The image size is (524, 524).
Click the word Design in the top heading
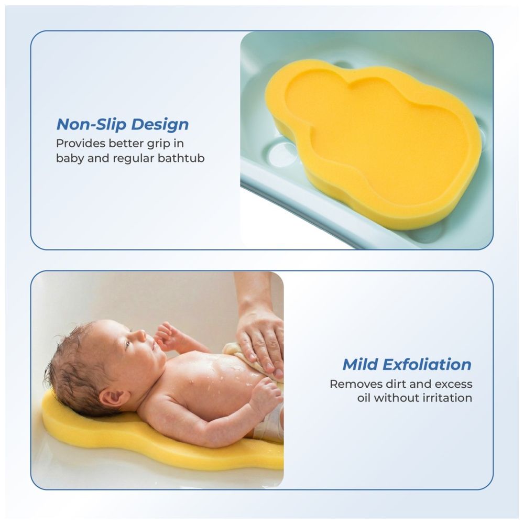point(160,124)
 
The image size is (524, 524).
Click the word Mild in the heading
point(361,364)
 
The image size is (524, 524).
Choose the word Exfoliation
point(427,364)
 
